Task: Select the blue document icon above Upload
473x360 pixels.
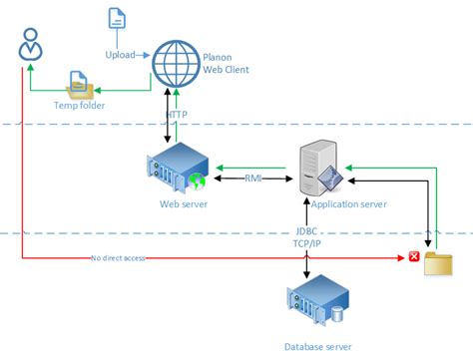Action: (117, 19)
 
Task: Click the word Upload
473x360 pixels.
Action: (120, 54)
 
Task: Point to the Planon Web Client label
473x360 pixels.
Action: (225, 63)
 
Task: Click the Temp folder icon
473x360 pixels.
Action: (80, 84)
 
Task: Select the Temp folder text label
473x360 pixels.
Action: (79, 104)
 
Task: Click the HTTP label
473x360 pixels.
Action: (177, 115)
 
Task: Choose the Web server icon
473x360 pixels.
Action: (177, 173)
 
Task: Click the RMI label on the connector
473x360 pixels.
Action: (254, 180)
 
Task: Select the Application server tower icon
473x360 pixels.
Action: (321, 170)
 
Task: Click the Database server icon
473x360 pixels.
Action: (317, 300)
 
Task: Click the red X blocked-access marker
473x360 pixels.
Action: (414, 256)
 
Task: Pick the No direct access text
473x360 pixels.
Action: (119, 257)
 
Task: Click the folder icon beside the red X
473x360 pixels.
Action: (438, 263)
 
